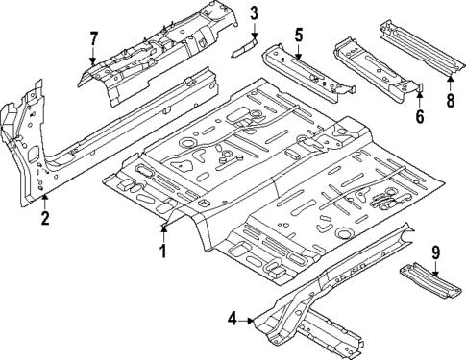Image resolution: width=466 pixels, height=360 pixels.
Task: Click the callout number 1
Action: [x=163, y=252]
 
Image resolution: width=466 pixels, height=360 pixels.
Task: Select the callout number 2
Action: [x=44, y=218]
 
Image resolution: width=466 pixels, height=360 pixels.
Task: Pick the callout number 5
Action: [x=299, y=36]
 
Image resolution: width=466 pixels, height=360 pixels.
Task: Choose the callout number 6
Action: [x=420, y=116]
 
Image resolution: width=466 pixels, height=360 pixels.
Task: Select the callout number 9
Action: [x=436, y=253]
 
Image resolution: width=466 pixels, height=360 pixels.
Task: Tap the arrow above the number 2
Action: [x=44, y=199]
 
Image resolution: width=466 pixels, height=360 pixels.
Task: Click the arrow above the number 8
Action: [x=450, y=78]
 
